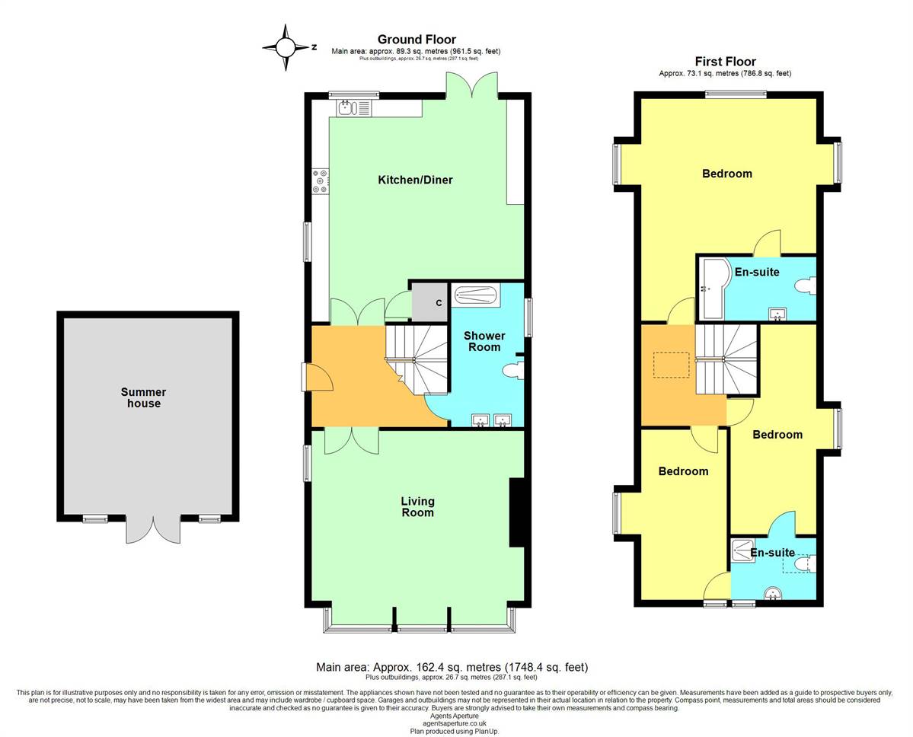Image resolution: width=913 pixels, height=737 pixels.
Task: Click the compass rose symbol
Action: (x=286, y=48)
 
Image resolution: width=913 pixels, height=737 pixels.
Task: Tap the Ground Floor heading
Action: (x=417, y=40)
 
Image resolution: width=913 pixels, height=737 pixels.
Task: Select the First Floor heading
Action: (x=725, y=61)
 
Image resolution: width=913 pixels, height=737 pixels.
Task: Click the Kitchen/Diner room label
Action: (x=415, y=180)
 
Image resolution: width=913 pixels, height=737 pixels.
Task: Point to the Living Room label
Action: (x=417, y=506)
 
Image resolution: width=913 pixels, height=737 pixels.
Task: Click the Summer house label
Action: (x=144, y=397)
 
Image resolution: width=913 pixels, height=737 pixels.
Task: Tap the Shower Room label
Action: (x=484, y=341)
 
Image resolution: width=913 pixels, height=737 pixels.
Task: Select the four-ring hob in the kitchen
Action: (x=321, y=180)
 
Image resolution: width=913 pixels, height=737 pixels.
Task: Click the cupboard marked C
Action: (x=430, y=302)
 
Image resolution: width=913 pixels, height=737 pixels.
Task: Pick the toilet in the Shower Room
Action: (x=512, y=370)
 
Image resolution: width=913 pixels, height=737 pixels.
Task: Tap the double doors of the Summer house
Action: (x=154, y=528)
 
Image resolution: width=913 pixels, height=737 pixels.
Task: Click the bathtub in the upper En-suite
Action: (x=715, y=288)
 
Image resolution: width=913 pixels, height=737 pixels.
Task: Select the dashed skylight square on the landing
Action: (x=672, y=365)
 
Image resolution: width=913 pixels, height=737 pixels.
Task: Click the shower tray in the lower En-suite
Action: (x=742, y=550)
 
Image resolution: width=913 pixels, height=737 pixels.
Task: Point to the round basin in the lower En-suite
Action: (x=773, y=593)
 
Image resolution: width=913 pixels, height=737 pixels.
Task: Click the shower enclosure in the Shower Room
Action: (x=476, y=295)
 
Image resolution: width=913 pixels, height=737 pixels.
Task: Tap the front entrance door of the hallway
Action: (x=317, y=377)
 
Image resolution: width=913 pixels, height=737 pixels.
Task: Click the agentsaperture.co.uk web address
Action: (x=454, y=723)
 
